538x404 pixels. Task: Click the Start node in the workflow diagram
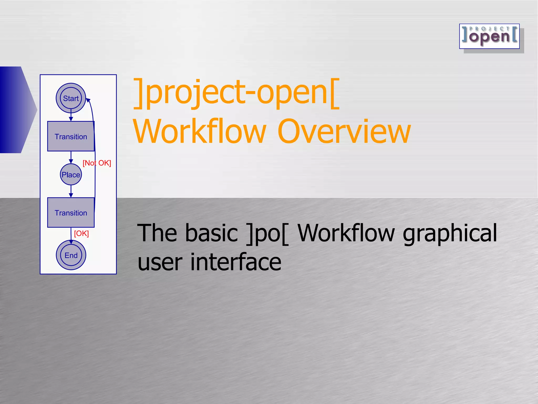coord(71,98)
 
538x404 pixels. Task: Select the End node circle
coord(71,255)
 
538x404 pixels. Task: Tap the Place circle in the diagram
coord(71,175)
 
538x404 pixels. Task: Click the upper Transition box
coord(71,136)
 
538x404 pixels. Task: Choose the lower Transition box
coord(71,213)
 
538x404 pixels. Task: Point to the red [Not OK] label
coord(97,163)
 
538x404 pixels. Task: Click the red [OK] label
coord(81,234)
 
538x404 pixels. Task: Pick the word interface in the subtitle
coord(236,262)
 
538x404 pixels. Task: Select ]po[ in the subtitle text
coord(267,233)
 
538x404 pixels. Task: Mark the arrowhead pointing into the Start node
coord(88,100)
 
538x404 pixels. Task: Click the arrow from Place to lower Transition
coord(71,191)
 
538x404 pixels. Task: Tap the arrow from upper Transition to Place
coord(71,157)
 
